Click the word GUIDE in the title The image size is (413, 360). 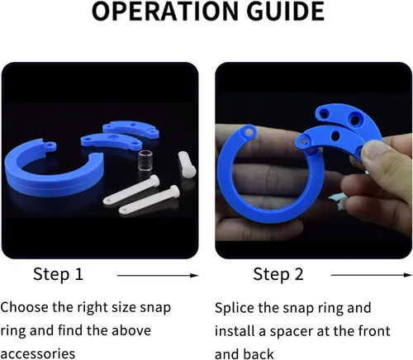click(285, 12)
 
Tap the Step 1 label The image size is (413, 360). click(58, 274)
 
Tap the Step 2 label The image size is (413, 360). click(278, 274)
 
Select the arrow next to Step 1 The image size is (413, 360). click(158, 275)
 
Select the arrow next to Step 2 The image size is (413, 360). click(371, 275)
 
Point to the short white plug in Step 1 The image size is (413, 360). click(187, 164)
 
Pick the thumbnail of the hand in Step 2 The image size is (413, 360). click(313, 160)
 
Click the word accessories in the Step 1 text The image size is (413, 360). click(37, 353)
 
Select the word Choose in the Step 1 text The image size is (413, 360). click(24, 307)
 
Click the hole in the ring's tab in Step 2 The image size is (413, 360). click(249, 132)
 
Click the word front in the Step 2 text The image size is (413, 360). click(374, 331)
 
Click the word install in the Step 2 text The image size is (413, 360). click(235, 331)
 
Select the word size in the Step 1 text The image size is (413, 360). click(126, 307)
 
